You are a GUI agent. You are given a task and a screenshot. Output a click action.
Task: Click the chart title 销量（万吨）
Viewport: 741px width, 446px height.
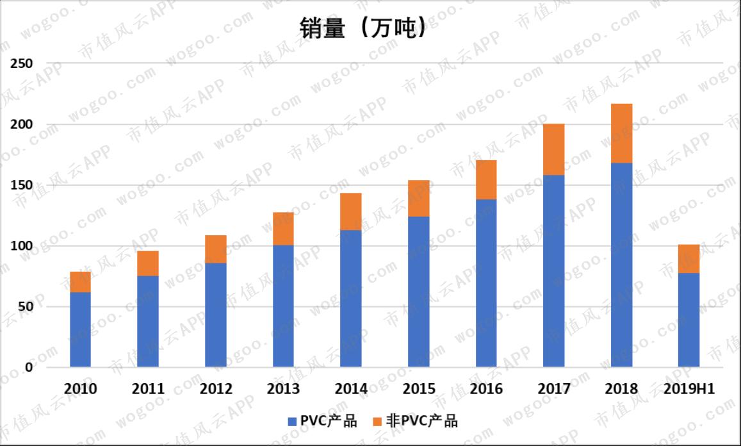362,29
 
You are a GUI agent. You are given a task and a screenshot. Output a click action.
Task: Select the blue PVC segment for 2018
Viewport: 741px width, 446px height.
621,265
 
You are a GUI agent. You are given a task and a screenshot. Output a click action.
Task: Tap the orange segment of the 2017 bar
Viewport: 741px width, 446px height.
553,149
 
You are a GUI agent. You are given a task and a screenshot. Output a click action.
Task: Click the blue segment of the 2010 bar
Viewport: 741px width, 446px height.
80,329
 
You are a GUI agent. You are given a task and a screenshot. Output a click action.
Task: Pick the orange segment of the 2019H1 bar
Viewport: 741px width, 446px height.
688,259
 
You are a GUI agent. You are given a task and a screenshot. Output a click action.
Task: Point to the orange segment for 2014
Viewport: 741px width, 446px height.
350,211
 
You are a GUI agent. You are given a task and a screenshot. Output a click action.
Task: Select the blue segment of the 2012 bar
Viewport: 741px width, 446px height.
215,315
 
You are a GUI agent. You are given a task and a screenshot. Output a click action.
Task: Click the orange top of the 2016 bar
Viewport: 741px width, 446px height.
485,179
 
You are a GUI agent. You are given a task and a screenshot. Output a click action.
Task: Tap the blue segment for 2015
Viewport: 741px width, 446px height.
418,292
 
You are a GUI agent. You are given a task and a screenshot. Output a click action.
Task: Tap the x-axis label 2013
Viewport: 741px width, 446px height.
283,389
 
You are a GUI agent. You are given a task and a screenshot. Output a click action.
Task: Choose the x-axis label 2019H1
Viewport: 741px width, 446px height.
688,389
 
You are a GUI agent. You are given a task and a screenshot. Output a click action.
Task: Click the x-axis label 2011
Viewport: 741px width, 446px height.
148,389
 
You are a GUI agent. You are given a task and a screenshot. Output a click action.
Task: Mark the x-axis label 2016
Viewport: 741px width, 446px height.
485,389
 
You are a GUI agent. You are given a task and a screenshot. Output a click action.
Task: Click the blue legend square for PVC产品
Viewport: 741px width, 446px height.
290,421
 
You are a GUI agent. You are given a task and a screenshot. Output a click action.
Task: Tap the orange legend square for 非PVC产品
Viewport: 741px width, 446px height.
377,421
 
